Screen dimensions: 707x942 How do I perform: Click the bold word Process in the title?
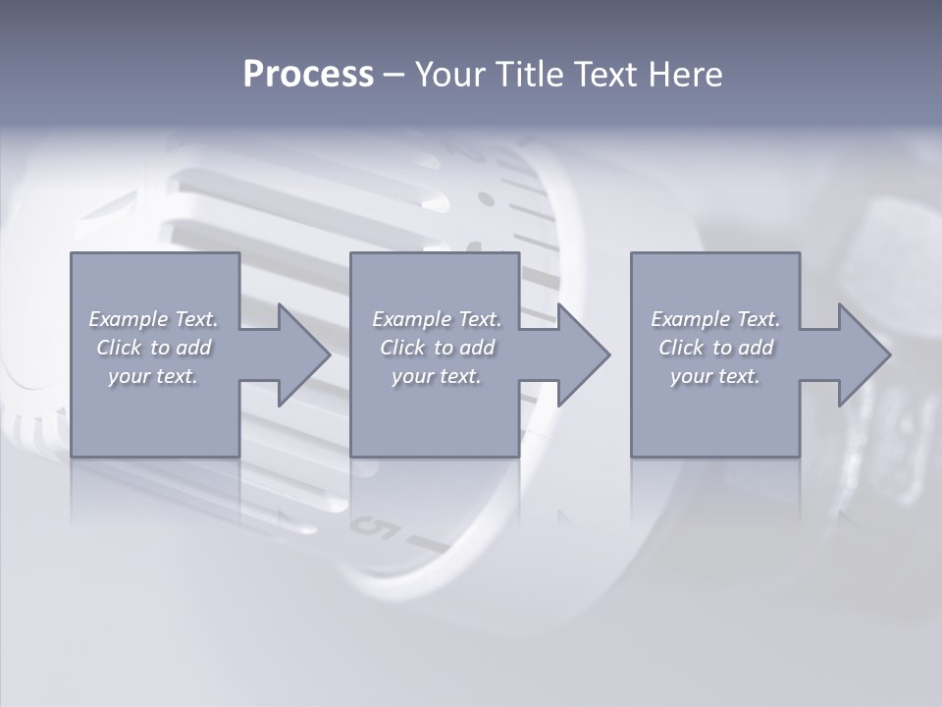(x=308, y=75)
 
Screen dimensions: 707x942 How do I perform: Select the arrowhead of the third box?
(x=863, y=354)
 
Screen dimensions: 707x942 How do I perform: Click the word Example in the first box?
(x=128, y=319)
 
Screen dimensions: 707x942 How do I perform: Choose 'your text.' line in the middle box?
(x=437, y=376)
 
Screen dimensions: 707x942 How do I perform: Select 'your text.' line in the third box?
(x=715, y=376)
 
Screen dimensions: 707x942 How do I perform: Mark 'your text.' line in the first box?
(x=153, y=376)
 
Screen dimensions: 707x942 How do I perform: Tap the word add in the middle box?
(x=478, y=348)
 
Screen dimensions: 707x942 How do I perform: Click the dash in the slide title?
(x=394, y=75)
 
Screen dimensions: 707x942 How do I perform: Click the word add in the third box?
(x=757, y=348)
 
